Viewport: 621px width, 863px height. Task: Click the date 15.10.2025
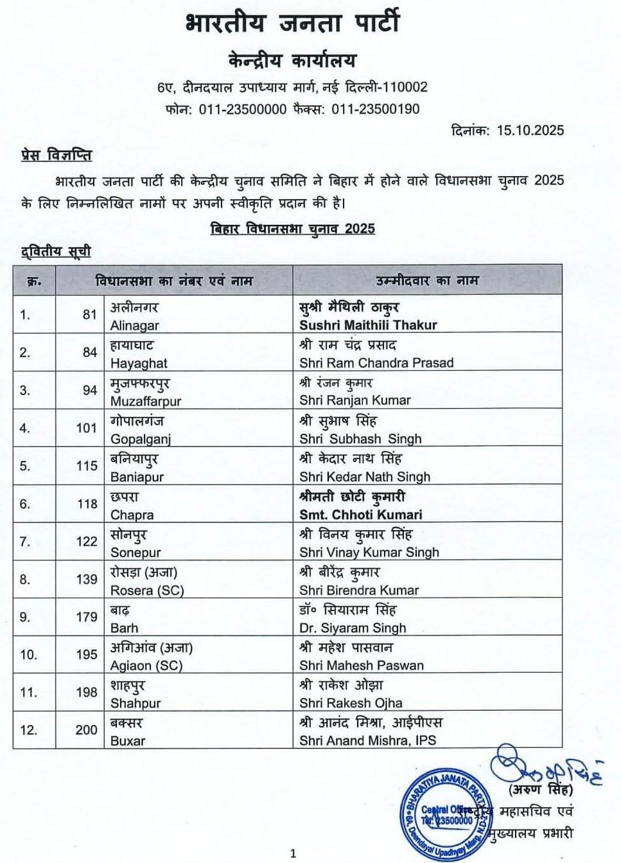(x=530, y=130)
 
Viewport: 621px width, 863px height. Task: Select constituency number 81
(x=89, y=315)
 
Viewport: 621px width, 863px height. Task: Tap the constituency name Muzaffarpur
(x=146, y=401)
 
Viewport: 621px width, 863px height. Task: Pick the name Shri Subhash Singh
(x=360, y=439)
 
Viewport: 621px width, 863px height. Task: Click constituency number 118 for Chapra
(x=87, y=504)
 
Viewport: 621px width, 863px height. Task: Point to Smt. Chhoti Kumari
(x=361, y=515)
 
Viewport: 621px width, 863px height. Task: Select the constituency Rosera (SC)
(x=147, y=591)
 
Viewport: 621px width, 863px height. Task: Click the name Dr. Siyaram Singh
(x=353, y=628)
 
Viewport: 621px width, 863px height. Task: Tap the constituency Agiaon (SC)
(x=146, y=666)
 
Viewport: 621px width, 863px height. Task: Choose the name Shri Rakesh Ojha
(x=351, y=703)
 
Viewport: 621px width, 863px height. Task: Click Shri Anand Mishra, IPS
(x=367, y=740)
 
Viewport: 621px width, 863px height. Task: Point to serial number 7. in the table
(x=25, y=542)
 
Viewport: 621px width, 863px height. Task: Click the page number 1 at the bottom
(x=293, y=853)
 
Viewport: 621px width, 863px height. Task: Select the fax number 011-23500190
(x=376, y=109)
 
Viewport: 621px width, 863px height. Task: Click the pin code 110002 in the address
(x=401, y=87)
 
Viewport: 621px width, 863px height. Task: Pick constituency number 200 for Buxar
(x=87, y=730)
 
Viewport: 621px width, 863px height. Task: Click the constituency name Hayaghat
(x=139, y=363)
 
